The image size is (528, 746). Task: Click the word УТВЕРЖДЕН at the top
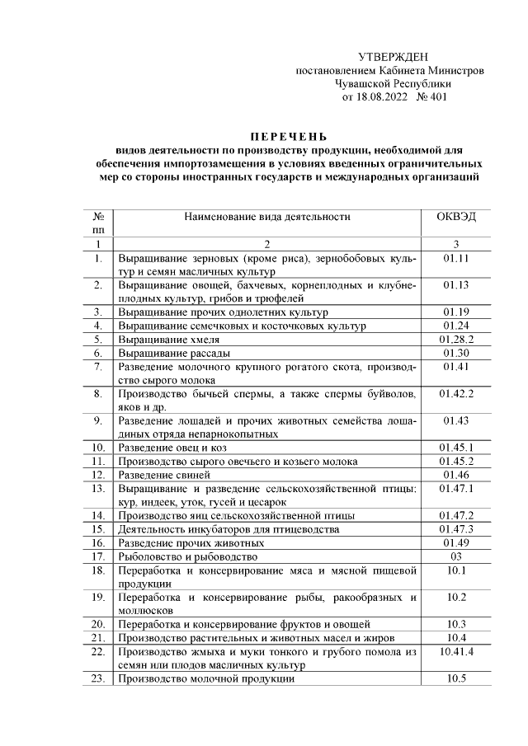coord(393,57)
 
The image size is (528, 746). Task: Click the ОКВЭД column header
coord(455,217)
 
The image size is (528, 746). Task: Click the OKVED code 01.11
coord(455,259)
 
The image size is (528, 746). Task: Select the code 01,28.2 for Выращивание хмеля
coord(455,339)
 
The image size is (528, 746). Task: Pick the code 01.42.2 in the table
coord(455,393)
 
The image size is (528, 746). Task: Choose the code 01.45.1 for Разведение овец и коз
coord(455,448)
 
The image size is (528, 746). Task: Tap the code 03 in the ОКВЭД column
coord(455,556)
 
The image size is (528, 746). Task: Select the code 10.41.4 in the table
coord(455,652)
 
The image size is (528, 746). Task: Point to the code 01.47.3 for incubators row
coord(455,529)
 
